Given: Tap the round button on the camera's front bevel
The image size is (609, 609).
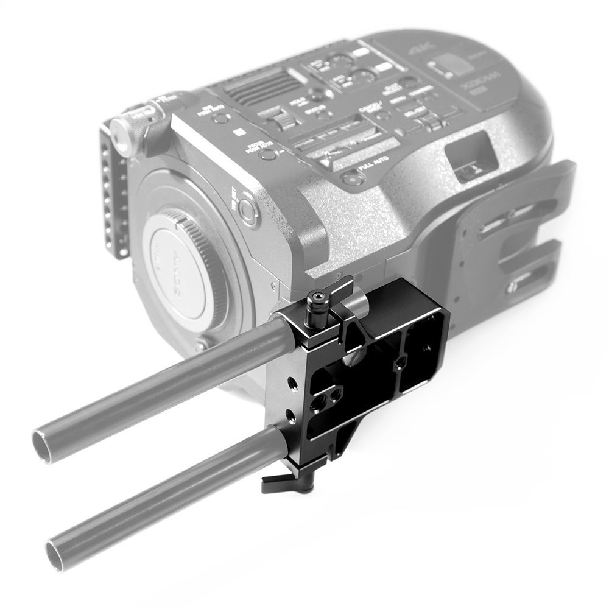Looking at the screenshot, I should click(x=248, y=208).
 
